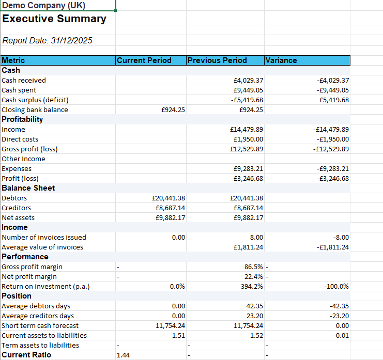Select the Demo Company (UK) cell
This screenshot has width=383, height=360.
pos(44,6)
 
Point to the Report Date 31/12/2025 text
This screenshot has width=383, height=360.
pos(48,40)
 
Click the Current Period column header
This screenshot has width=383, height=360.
pos(144,60)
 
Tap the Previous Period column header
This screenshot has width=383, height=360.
pos(217,60)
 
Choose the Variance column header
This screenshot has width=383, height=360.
pos(281,60)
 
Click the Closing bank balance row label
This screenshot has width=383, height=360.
pos(35,109)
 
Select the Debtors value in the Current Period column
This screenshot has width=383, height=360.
pos(168,198)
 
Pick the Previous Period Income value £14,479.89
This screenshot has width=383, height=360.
pos(247,129)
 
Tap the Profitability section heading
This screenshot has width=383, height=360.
pos(23,119)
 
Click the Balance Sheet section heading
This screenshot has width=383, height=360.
pos(28,188)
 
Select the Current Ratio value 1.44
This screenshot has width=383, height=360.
pos(124,355)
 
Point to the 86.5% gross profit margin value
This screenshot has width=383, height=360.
pos(253,267)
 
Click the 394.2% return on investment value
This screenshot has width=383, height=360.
pos(253,286)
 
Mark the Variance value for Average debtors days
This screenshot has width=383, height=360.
pos(339,306)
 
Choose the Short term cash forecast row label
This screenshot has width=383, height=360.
pos(40,325)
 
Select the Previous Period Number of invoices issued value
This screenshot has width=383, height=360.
pos(256,237)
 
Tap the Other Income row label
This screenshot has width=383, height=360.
pos(23,159)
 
